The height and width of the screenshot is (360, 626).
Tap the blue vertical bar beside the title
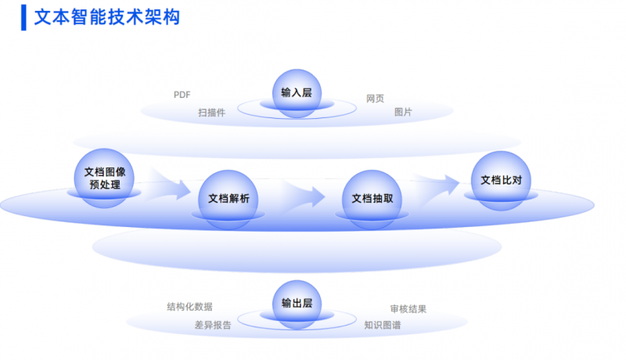(23, 17)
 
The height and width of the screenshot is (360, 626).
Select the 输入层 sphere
(297, 92)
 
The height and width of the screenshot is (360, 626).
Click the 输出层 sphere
(297, 304)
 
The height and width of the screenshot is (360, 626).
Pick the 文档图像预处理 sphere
(104, 177)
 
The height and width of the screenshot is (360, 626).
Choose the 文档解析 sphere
(228, 198)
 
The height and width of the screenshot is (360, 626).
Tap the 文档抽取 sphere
(372, 198)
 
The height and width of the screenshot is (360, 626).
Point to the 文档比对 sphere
(501, 181)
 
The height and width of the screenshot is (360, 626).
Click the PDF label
(182, 95)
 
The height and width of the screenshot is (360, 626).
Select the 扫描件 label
(211, 113)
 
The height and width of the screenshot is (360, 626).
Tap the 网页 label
(375, 99)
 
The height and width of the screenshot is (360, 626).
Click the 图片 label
(403, 113)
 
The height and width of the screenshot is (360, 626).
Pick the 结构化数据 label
(189, 307)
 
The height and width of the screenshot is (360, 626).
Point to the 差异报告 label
(213, 325)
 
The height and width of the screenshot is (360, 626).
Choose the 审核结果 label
(408, 309)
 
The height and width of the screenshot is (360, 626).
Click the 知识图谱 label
(383, 325)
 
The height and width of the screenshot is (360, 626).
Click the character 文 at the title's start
(43, 16)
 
